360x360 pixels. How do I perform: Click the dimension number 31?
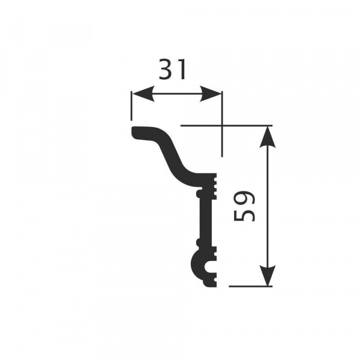(173, 70)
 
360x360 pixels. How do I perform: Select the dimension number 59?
(245, 206)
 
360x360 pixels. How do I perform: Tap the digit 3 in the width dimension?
(166, 70)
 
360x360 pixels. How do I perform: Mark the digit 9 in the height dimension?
(245, 199)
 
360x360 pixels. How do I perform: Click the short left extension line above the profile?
(131, 107)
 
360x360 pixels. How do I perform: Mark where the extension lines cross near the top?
(222, 125)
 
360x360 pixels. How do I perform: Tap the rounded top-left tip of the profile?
(134, 132)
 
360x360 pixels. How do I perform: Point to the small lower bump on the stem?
(197, 243)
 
